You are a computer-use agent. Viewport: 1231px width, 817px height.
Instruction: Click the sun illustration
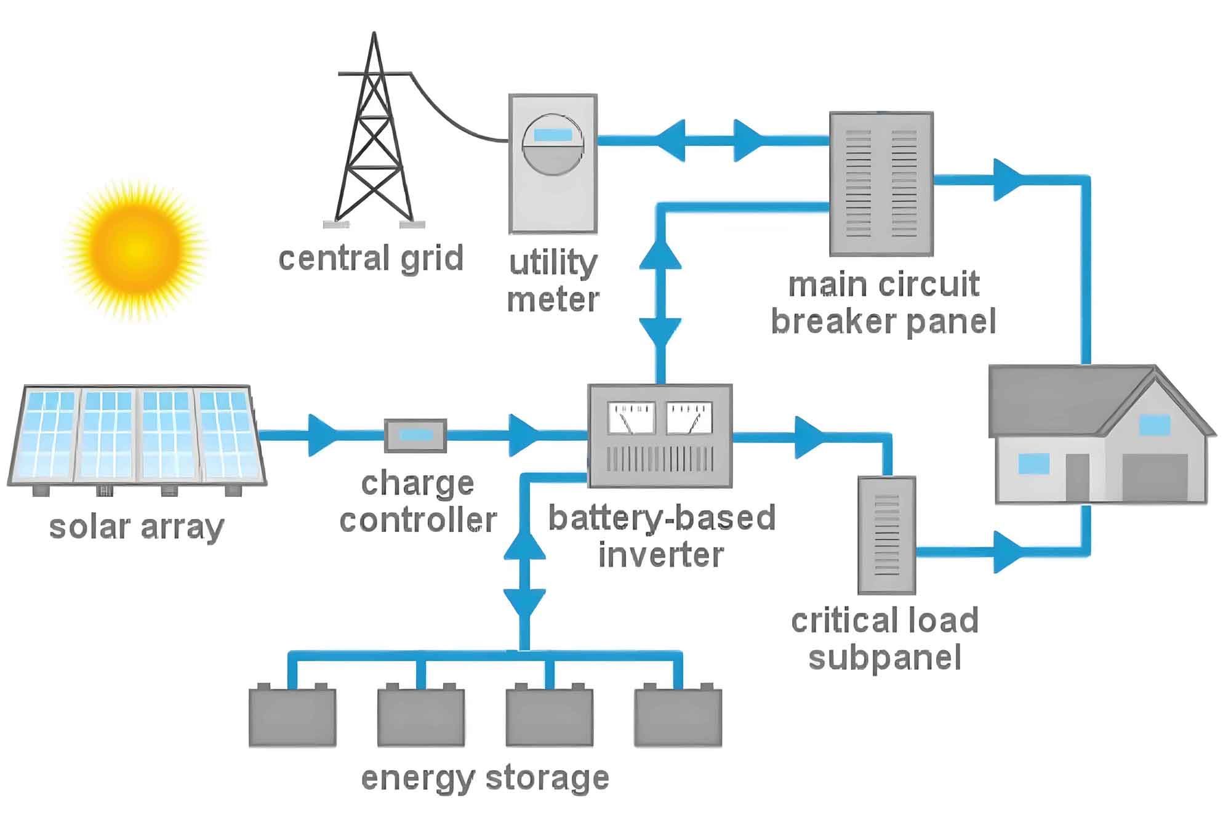[x=135, y=249]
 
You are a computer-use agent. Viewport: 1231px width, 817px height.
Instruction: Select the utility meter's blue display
[x=553, y=135]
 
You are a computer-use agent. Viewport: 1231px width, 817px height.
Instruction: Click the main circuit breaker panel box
[x=881, y=183]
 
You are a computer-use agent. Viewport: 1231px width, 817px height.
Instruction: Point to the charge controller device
[x=415, y=435]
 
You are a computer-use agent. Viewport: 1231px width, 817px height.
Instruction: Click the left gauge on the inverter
[x=632, y=418]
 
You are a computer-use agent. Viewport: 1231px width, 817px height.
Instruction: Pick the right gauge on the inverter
[x=689, y=418]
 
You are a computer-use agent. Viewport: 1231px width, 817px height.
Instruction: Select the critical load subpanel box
[x=887, y=535]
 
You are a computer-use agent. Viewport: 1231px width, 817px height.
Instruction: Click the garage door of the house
[x=1155, y=478]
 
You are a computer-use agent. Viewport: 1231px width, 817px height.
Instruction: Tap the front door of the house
[x=1077, y=478]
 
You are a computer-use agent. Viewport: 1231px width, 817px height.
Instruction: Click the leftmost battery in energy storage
[x=292, y=715]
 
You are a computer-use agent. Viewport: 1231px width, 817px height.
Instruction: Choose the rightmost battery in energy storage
[x=678, y=715]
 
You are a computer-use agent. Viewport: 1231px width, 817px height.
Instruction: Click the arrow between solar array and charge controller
[x=323, y=435]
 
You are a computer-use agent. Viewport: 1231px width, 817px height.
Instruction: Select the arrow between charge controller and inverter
[x=524, y=435]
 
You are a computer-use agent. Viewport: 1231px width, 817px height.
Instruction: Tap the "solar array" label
[x=136, y=528]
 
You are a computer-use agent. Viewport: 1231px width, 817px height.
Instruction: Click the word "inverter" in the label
[x=660, y=554]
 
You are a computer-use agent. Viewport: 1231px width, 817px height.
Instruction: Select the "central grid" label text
[x=371, y=258]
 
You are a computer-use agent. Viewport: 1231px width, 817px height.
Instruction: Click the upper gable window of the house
[x=1154, y=425]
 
